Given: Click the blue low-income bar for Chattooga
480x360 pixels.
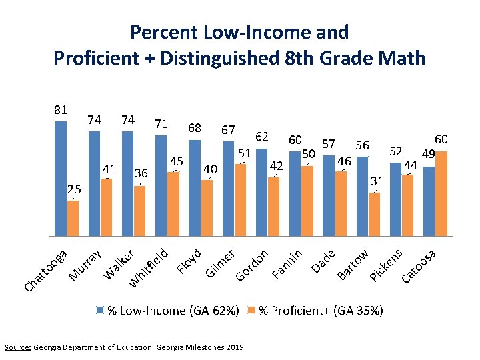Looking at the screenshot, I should (x=61, y=178).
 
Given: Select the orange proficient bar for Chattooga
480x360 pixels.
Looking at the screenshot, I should (x=73, y=218).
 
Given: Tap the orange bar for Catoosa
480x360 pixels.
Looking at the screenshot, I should (x=441, y=193).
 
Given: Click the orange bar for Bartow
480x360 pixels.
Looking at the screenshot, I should (x=374, y=214).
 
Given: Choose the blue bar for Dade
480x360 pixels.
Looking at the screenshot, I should (x=329, y=196).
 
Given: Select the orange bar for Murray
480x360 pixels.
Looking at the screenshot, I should (x=106, y=207).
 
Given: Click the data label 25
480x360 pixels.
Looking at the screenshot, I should (x=74, y=190).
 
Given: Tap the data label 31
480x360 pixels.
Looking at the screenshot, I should (x=377, y=181).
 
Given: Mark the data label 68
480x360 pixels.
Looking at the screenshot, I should (x=195, y=127).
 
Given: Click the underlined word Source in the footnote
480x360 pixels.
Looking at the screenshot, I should (x=17, y=347).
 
